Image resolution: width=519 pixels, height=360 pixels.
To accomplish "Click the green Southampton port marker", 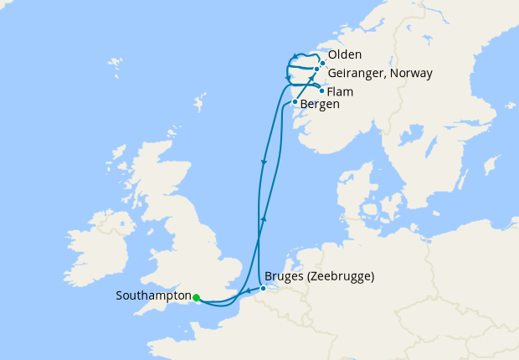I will click(196, 297).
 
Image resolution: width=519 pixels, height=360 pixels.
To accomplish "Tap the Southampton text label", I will click(152, 296).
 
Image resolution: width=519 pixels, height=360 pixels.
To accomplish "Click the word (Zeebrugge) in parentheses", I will click(339, 276).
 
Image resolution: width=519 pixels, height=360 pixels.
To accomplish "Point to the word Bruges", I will click(282, 276).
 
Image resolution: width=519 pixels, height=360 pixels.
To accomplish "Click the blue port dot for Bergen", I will click(294, 102).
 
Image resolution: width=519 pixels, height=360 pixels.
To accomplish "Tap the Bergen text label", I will click(320, 105).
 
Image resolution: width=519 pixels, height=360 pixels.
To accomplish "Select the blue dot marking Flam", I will click(322, 90).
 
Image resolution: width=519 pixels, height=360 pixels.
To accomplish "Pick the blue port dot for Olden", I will click(322, 63).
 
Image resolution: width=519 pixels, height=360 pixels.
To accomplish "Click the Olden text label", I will click(345, 55).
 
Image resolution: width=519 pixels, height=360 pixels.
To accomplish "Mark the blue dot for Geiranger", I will click(316, 69).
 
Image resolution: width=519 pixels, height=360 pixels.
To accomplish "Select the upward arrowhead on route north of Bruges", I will click(264, 219).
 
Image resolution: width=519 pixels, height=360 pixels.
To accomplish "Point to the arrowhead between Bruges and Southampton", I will click(244, 291).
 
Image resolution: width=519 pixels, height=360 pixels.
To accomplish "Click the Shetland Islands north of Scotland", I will click(199, 105).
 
